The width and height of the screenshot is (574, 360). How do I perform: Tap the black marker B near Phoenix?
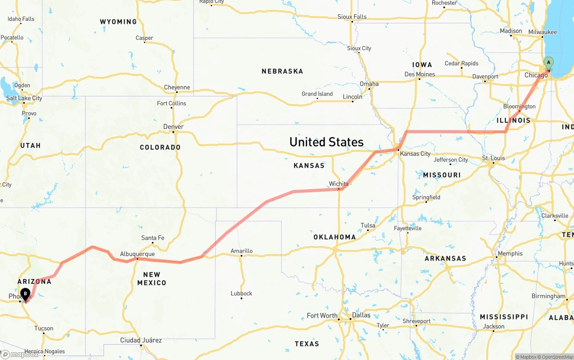26,294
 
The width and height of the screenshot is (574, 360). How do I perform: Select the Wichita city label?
339,184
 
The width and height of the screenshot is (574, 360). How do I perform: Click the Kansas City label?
415,154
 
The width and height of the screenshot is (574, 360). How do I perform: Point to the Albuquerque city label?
137,254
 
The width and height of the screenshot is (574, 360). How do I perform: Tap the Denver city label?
174,127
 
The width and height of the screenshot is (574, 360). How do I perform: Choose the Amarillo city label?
241,251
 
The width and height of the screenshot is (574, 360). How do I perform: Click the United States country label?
326,142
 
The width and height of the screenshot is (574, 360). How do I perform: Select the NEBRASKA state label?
283,71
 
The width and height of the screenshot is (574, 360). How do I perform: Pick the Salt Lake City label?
24,98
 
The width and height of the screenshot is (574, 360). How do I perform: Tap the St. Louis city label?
493,158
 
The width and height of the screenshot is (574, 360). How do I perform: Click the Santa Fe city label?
152,238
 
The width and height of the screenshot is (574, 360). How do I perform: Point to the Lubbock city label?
241,294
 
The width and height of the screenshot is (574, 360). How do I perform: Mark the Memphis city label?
510,254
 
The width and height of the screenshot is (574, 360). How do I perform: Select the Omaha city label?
369,84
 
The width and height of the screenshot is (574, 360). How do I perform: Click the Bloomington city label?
519,107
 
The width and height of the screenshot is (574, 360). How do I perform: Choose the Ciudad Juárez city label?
141,341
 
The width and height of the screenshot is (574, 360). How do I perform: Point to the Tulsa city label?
368,226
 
